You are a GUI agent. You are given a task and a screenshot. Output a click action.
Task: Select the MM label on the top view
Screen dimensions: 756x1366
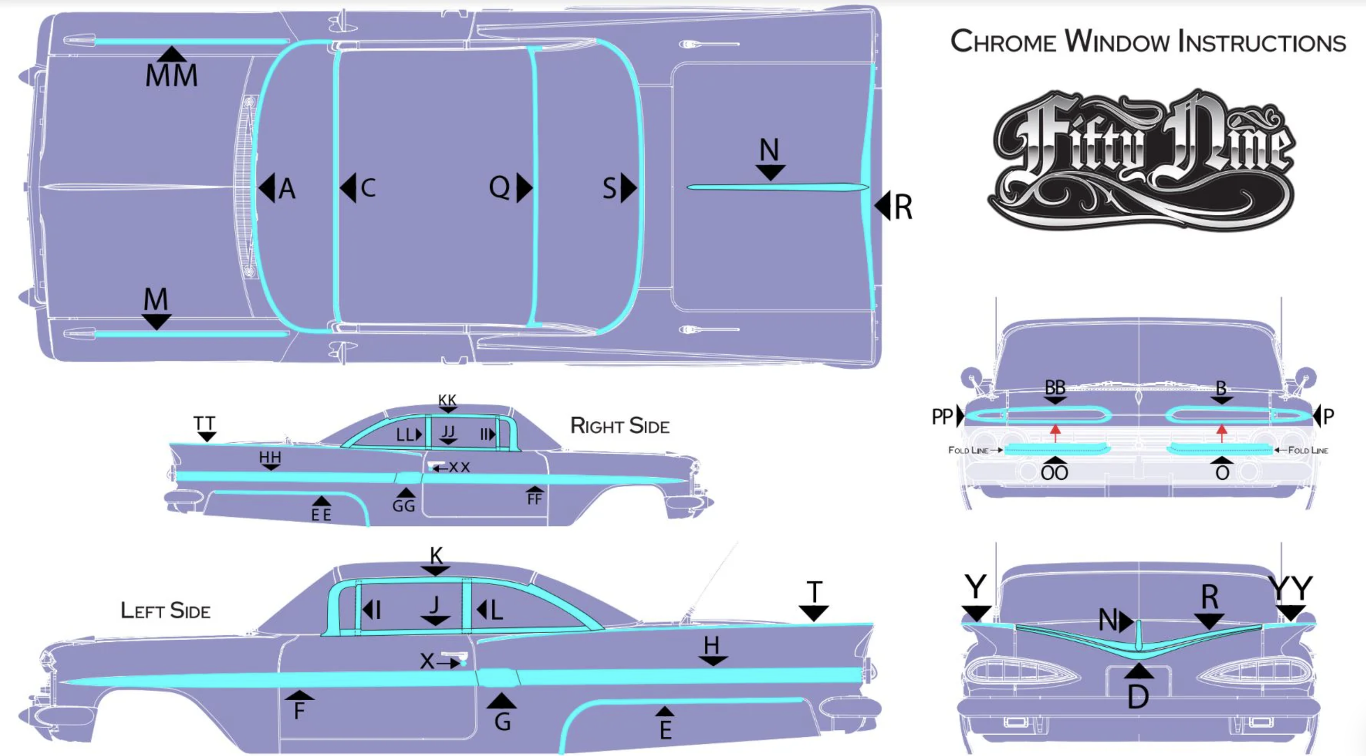pos(171,75)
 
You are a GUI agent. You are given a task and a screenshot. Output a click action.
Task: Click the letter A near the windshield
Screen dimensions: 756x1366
pos(287,190)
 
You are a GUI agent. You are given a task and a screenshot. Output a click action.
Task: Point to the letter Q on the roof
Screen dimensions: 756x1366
pos(499,187)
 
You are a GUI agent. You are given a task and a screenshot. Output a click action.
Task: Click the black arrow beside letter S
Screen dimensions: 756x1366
pos(629,188)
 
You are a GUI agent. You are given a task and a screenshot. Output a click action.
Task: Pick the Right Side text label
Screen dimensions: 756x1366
pos(620,426)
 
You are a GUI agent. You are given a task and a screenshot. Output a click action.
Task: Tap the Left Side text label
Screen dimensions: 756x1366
pos(165,611)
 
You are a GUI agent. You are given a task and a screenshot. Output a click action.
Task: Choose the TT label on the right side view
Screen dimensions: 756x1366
pos(204,424)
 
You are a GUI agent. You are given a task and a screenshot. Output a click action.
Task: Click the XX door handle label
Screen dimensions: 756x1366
pos(459,467)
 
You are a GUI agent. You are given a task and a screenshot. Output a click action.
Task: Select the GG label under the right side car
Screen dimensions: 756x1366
pos(404,506)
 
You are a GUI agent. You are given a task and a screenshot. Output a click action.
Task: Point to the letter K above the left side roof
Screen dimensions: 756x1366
pos(436,556)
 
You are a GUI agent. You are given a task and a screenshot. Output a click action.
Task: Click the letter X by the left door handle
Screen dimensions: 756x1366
pos(427,661)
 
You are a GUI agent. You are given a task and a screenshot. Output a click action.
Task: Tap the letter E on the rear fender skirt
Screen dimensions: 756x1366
pos(665,730)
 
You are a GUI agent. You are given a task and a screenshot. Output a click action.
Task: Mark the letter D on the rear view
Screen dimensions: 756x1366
pos(1138,697)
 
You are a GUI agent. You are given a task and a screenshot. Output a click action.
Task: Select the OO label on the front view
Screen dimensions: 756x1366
pos(1054,473)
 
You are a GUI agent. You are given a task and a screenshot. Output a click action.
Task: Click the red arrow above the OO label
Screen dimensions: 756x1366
pos(1055,433)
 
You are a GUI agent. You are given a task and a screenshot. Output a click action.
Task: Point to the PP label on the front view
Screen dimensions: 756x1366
pos(942,417)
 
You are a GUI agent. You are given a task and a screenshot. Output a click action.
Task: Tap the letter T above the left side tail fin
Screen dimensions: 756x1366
pos(814,592)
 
